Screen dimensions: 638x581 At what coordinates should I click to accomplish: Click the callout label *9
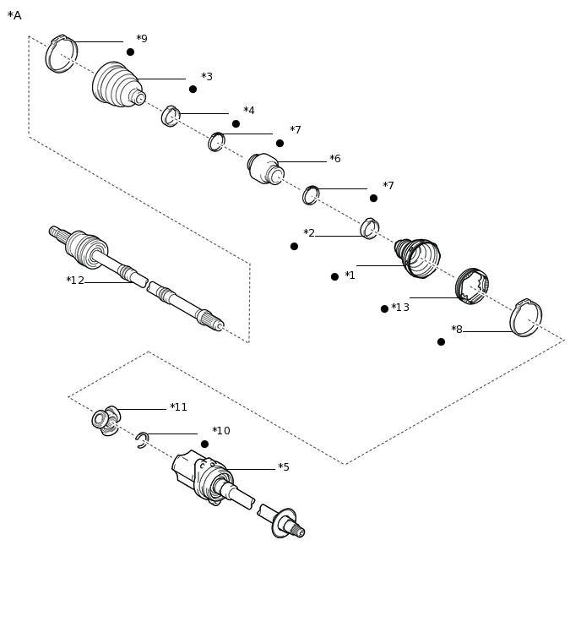coord(142,39)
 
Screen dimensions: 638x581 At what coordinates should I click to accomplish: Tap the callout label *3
coord(207,77)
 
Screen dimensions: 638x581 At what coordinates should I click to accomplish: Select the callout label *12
coord(75,281)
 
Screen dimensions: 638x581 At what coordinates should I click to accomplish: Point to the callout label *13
coord(400,308)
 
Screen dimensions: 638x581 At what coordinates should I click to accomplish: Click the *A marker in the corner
coord(14,15)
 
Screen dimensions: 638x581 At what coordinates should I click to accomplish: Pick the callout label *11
coord(178,407)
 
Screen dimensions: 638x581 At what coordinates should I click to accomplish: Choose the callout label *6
coord(335,159)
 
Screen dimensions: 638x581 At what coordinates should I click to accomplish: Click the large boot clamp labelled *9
coord(61,54)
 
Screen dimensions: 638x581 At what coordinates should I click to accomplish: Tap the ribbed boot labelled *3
coord(117,85)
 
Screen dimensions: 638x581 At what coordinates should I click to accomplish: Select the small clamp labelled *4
coord(171,116)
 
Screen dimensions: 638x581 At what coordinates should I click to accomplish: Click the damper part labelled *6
coord(265,168)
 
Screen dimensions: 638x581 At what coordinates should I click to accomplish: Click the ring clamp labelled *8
coord(525,319)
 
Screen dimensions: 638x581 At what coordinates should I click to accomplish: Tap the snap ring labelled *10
coord(142,439)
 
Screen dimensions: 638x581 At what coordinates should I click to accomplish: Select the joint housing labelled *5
coord(209,479)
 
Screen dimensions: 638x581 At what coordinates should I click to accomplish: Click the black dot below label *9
coord(130,52)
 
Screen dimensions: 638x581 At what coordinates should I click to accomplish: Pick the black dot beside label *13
coord(384,308)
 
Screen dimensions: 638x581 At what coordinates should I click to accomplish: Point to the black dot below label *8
coord(441,341)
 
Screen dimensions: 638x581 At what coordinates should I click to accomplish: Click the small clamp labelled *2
coord(369,228)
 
